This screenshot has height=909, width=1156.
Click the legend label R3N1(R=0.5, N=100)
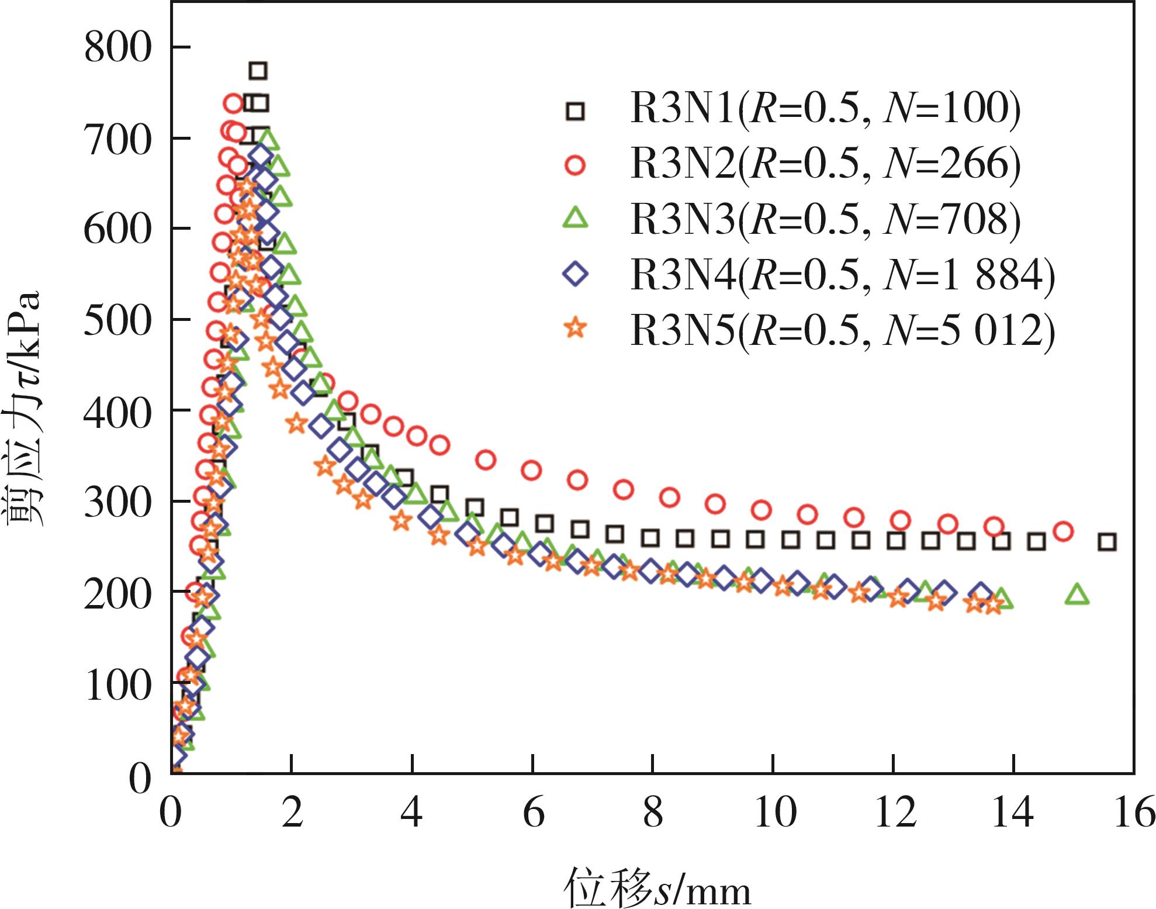[825, 110]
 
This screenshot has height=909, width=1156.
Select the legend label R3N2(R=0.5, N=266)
[825, 165]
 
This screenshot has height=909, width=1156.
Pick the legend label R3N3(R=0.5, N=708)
[825, 219]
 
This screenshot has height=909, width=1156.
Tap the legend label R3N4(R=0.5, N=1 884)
[843, 274]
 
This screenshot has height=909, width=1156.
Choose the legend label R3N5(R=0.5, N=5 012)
[843, 329]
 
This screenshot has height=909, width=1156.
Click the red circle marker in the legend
[576, 165]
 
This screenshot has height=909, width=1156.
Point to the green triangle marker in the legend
[576, 219]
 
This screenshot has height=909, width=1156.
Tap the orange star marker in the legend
[576, 329]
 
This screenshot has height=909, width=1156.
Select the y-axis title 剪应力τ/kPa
[25, 409]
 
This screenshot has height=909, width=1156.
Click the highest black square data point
[258, 71]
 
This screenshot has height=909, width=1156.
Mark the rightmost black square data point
[1107, 542]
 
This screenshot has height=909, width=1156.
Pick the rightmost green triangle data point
[1077, 595]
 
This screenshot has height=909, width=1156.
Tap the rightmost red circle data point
[1063, 531]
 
